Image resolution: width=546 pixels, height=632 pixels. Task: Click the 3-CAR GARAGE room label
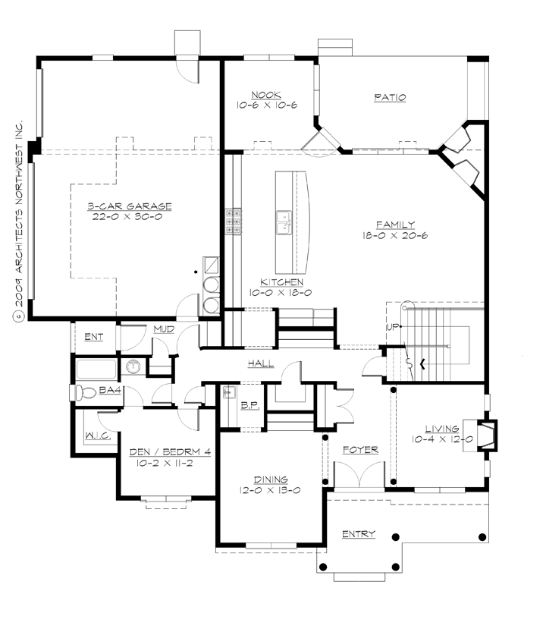[x=129, y=206]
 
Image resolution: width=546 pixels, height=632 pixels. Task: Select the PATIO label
[x=390, y=97]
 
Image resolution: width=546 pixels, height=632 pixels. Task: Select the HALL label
[x=260, y=364]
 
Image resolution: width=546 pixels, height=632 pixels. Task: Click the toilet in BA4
[x=83, y=392]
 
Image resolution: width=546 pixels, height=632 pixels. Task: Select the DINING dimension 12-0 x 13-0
[x=271, y=490]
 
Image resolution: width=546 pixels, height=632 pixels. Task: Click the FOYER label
[x=359, y=450]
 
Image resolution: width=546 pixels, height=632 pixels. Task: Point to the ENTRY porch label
[x=358, y=534]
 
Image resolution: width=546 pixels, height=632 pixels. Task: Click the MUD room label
[x=165, y=329]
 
